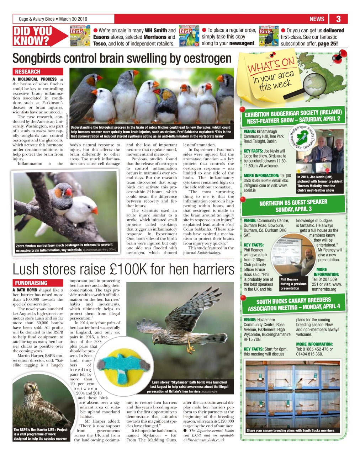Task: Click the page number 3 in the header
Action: [338, 19]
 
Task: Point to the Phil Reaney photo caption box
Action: [293, 284]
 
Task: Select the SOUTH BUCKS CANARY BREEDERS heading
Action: [294, 304]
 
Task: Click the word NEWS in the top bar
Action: [317, 19]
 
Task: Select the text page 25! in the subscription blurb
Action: [328, 44]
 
